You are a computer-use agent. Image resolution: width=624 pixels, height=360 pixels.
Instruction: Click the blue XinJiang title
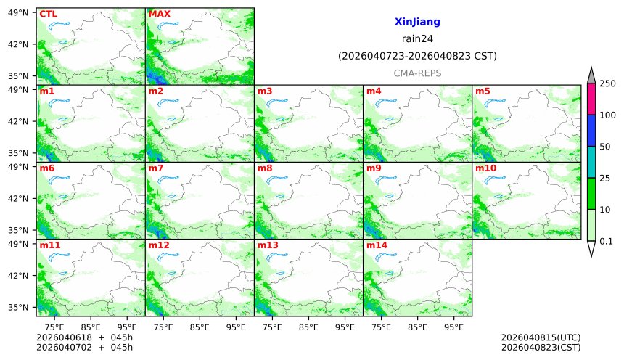(417, 22)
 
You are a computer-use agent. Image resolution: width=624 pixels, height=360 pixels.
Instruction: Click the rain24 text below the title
(417, 39)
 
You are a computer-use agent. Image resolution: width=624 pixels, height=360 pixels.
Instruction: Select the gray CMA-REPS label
(417, 73)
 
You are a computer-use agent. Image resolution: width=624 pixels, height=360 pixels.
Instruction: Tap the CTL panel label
(49, 14)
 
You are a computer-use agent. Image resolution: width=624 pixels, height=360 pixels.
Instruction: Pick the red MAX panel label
(160, 14)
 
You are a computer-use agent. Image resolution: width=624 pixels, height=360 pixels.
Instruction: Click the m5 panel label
(483, 91)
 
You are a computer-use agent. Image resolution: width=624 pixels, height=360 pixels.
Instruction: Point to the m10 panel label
(485, 168)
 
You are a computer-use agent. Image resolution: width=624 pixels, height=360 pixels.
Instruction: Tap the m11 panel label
(49, 245)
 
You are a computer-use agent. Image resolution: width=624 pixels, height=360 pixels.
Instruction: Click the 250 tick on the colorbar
(607, 83)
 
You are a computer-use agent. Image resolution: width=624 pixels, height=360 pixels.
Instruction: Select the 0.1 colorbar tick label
(607, 241)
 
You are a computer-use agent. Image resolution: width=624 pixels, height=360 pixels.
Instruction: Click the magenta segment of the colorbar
(591, 99)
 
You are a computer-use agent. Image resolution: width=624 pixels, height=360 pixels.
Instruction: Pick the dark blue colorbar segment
(591, 131)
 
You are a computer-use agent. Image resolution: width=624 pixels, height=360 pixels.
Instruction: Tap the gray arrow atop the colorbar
(591, 75)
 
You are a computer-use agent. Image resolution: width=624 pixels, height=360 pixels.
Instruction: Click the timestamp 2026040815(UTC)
(541, 338)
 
